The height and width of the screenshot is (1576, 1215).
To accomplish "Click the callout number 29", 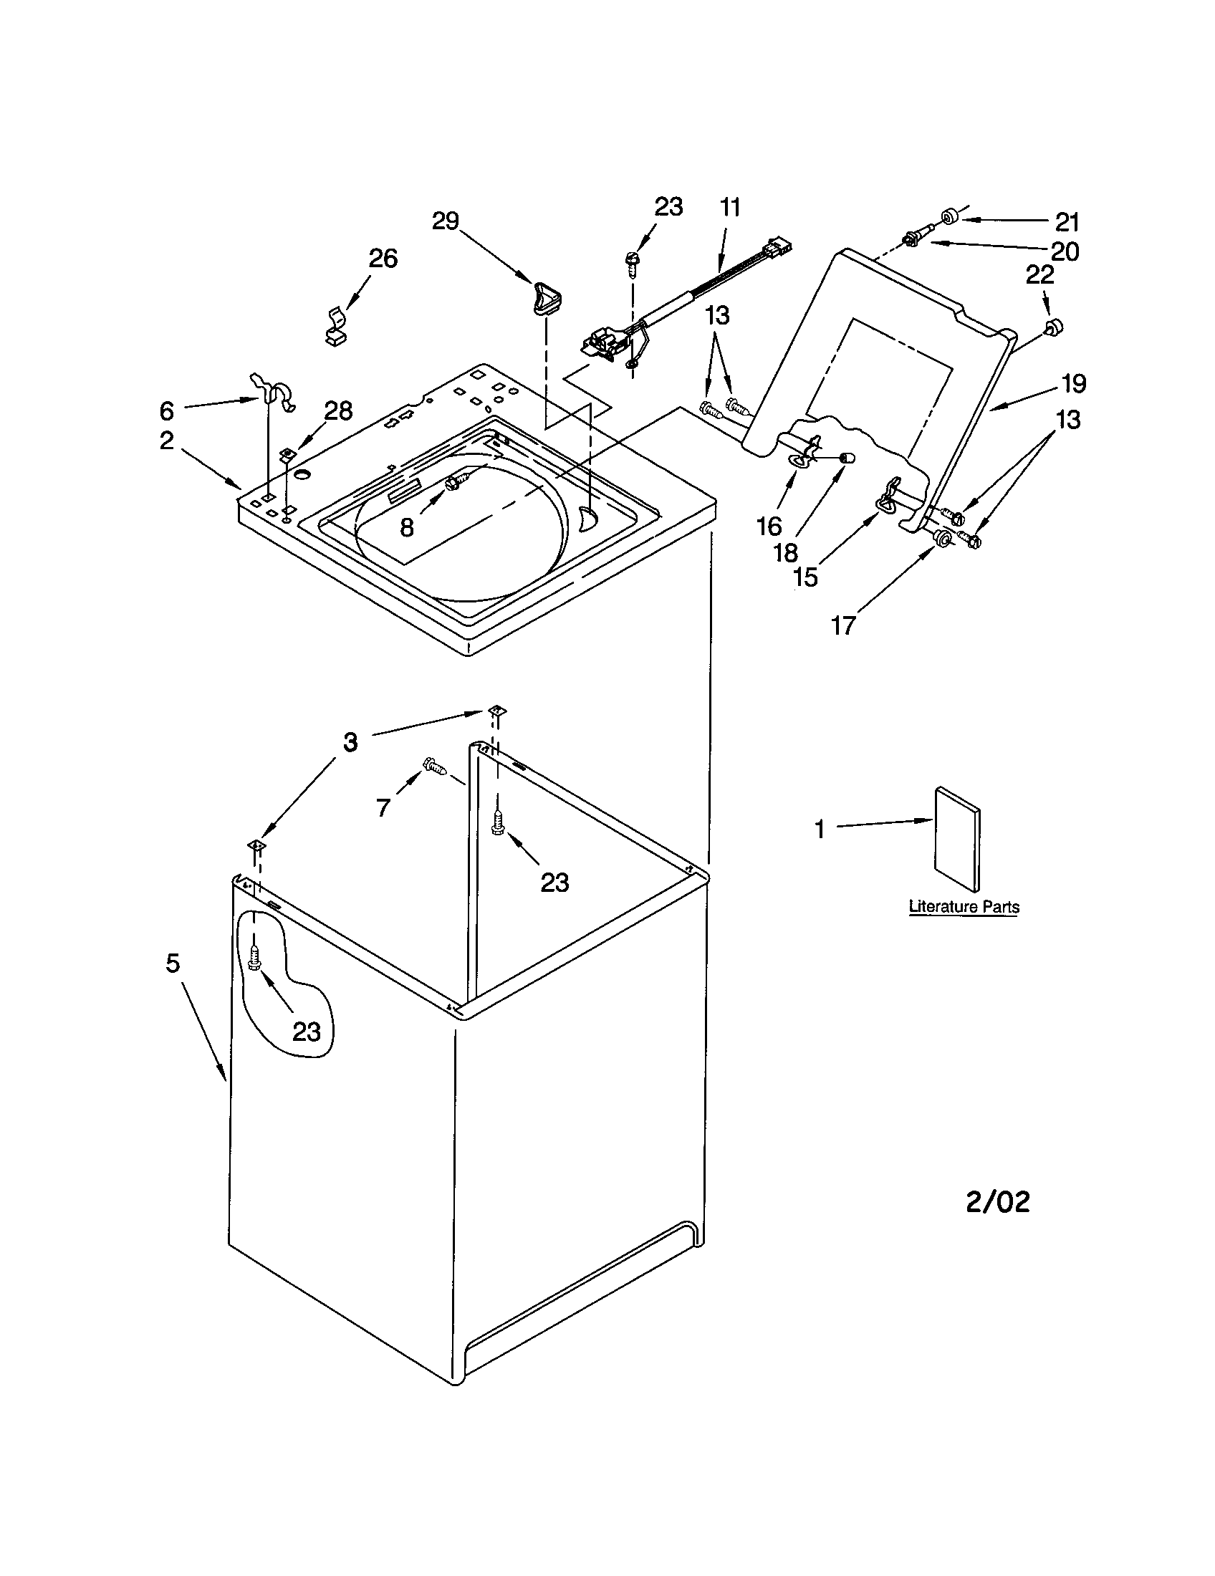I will point(445,221).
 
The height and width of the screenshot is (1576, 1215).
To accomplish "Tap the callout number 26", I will point(383,259).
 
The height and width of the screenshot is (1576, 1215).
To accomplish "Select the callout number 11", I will point(729,208).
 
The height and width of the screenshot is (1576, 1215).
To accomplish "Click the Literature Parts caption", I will point(964,907).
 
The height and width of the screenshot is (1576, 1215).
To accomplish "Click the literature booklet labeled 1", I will point(957,839).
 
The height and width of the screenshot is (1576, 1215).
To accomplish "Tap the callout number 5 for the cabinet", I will point(173,963).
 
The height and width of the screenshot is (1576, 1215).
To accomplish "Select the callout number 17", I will point(842,625).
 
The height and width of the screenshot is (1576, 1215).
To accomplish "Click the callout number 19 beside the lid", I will point(1074,384).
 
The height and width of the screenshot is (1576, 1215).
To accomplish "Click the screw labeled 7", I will point(436,767).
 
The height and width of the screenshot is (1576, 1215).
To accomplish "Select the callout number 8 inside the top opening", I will point(406,527).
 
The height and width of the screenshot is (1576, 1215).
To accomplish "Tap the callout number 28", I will point(337,411).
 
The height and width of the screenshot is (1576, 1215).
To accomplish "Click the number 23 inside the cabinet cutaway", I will point(306,1032).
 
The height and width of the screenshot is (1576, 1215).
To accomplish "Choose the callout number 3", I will point(350,742).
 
